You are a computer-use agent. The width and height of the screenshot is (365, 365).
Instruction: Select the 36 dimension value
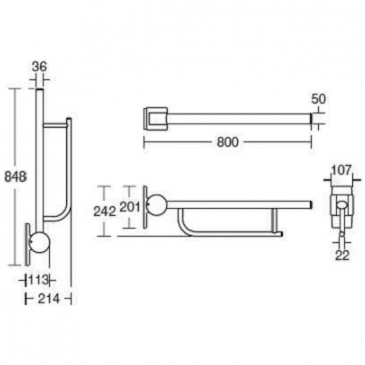click(39, 67)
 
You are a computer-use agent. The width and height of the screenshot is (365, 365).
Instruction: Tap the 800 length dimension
click(227, 142)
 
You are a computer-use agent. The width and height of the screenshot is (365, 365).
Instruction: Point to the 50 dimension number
click(319, 99)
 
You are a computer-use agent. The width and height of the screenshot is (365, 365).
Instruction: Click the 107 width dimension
click(343, 170)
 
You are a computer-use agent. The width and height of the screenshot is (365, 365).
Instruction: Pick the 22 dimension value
click(343, 255)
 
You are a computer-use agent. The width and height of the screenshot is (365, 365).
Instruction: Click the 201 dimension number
click(130, 207)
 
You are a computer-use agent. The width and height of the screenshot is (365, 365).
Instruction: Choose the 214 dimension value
click(48, 299)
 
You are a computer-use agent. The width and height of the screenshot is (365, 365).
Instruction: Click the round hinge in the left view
click(39, 242)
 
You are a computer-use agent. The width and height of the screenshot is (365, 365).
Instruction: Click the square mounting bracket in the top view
click(156, 118)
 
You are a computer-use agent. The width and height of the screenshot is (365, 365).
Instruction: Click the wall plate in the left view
click(28, 243)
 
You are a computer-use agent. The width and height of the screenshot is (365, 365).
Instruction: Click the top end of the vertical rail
click(39, 91)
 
